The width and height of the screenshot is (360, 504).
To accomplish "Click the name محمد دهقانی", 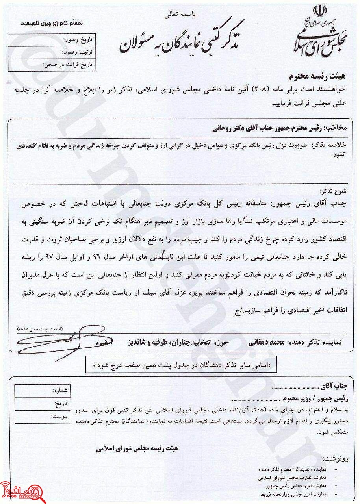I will coord(262,343).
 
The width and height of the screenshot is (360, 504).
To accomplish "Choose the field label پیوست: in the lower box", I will coord(60,416).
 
